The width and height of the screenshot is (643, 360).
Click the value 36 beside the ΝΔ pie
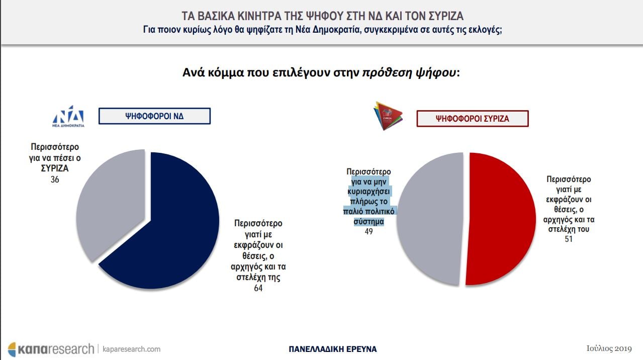point(55,179)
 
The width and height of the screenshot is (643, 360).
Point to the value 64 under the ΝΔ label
point(258,288)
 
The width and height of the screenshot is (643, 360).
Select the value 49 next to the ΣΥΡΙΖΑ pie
point(369,231)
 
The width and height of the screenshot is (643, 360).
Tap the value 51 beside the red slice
point(569,239)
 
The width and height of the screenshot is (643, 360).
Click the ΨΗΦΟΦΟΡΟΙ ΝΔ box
point(154,116)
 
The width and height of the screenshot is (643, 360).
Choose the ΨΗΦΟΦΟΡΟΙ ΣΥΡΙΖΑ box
point(473,119)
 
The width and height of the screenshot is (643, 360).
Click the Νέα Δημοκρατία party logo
point(68,116)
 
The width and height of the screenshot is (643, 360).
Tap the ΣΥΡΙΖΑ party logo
point(388,116)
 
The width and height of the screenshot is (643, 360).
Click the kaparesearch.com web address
point(132,349)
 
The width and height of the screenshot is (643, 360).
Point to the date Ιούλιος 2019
point(609,348)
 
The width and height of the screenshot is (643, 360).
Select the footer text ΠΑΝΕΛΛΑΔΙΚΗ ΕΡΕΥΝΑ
point(333,349)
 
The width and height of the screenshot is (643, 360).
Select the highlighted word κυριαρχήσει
point(369,192)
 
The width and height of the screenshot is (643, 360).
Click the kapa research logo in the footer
point(51,349)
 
